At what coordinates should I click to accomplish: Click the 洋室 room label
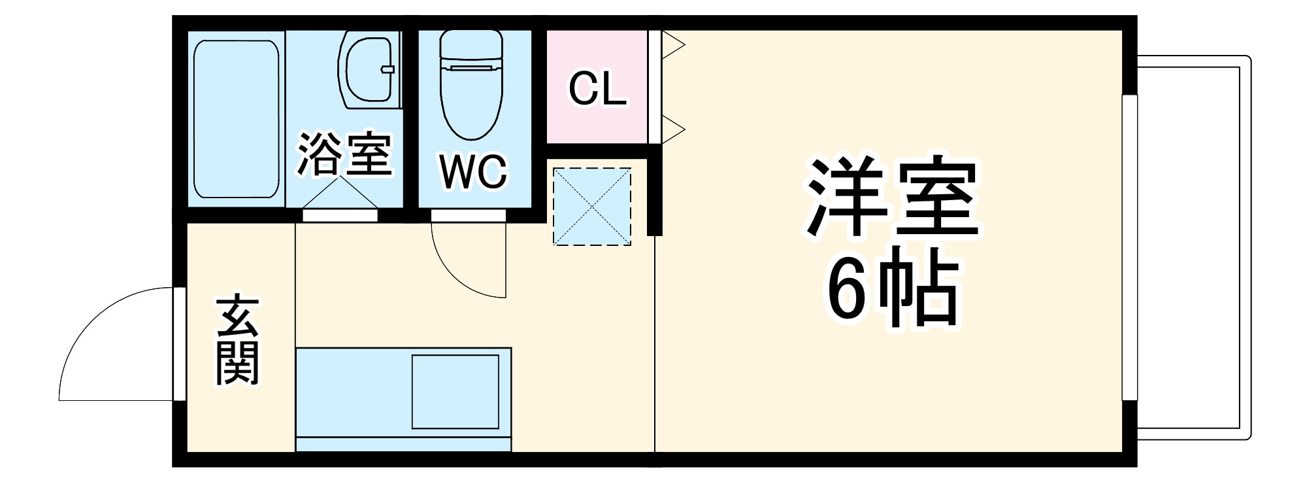click(x=892, y=197)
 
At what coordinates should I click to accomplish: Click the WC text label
click(x=473, y=172)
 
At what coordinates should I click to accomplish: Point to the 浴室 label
click(x=344, y=154)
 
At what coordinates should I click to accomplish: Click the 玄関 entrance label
click(x=237, y=340)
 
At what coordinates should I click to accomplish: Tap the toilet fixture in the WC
click(x=472, y=82)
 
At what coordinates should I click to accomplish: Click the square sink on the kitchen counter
click(x=455, y=391)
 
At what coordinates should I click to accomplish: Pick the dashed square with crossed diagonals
click(x=592, y=207)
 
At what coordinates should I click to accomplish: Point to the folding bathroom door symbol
click(x=340, y=195)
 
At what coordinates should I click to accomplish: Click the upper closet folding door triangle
click(x=672, y=45)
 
